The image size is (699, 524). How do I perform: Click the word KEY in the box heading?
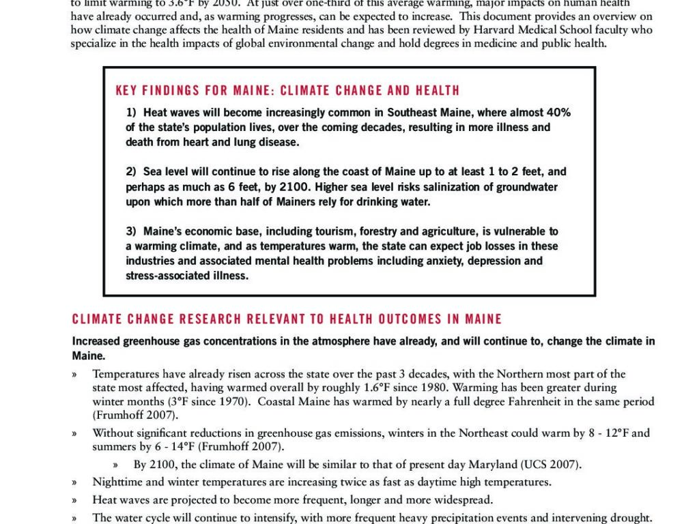[128, 91]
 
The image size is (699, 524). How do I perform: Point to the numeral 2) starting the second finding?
[131, 172]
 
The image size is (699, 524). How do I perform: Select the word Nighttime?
[117, 482]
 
